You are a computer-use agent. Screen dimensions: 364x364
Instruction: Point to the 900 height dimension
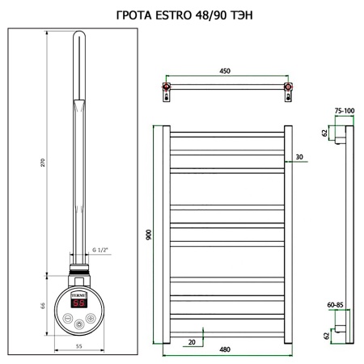tap(150, 234)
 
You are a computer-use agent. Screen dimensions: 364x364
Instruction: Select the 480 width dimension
tap(225, 349)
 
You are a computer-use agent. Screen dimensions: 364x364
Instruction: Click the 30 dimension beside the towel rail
tap(299, 156)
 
